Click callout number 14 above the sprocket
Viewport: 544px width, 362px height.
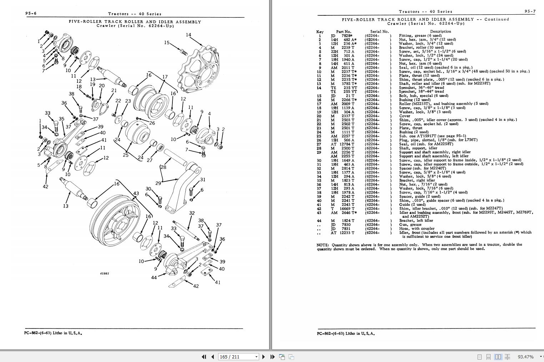tap(188, 35)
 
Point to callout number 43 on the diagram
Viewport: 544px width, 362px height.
tap(136, 193)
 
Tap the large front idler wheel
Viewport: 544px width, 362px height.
tap(114, 217)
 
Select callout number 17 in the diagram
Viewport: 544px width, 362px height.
tap(165, 77)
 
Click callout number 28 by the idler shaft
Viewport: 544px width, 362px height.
tap(163, 167)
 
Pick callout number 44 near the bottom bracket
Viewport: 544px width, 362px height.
tap(154, 277)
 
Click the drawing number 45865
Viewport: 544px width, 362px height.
tap(105, 273)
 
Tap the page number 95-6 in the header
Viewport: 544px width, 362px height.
tap(31, 14)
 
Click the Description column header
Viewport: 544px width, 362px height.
tap(440, 31)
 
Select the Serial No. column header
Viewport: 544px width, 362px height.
tap(379, 31)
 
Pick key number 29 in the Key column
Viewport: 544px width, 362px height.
tap(319, 152)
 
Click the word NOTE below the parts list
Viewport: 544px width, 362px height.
tap(323, 245)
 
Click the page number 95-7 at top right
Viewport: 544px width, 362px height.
tap(530, 11)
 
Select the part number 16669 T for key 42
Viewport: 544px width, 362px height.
tap(347, 208)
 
